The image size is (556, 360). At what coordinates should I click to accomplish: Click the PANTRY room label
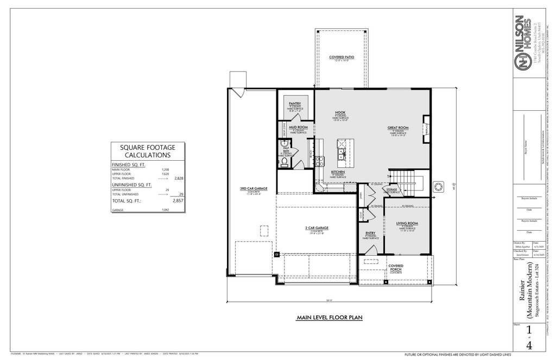[x=295, y=103]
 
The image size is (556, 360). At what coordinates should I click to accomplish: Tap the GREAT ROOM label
[x=398, y=128]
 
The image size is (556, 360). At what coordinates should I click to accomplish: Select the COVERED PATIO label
[x=342, y=57]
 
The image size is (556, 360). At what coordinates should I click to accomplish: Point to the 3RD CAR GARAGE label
[x=254, y=188]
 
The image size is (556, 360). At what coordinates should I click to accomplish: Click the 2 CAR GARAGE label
[x=317, y=229]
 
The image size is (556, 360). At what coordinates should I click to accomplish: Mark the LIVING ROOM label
[x=407, y=223]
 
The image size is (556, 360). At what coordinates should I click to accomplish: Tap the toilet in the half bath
[x=283, y=161]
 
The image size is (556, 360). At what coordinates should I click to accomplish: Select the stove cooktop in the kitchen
[x=320, y=161]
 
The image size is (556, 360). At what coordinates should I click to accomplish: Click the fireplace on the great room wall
[x=426, y=125]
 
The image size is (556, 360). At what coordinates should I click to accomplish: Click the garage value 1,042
[x=166, y=210]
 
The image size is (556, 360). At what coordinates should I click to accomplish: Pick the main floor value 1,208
[x=166, y=169]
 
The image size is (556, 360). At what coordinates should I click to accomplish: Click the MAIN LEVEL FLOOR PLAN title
[x=329, y=318]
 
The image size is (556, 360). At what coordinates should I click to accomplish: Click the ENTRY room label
[x=371, y=234]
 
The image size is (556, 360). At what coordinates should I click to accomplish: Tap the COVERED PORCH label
[x=396, y=267]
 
